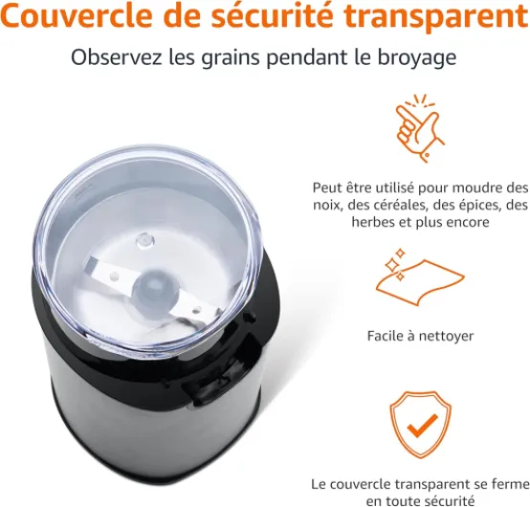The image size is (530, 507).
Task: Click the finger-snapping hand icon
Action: click(421, 128)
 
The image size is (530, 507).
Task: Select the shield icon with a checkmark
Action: click(421, 424)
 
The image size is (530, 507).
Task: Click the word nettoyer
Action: click(446, 337)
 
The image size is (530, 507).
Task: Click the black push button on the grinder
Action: click(203, 393)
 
